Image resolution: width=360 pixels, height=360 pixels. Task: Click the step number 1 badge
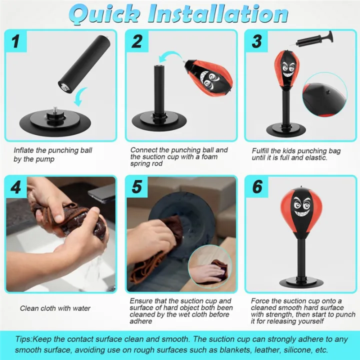(17, 41)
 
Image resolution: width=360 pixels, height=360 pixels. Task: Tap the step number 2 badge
(137, 41)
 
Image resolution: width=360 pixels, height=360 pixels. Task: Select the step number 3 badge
(256, 41)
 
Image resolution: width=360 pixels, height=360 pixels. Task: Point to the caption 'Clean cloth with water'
(55, 308)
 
